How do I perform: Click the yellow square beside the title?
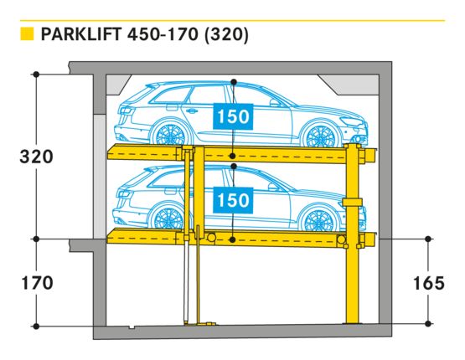click(27, 33)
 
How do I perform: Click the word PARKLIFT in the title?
click(81, 34)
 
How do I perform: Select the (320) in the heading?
click(226, 34)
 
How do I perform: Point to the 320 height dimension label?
click(36, 157)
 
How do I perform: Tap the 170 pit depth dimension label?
click(38, 283)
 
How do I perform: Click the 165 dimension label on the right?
click(429, 283)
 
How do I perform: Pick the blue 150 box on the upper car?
click(233, 116)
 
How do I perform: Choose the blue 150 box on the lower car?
click(233, 200)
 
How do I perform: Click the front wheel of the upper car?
click(320, 136)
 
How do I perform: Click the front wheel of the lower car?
click(318, 219)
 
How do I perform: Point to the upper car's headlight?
click(351, 121)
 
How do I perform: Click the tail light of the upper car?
click(127, 111)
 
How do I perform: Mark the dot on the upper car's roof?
click(234, 81)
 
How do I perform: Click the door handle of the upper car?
click(191, 111)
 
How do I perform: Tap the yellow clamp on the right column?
click(352, 202)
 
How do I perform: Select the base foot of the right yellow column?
click(352, 322)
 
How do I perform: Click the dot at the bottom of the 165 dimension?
click(427, 323)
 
